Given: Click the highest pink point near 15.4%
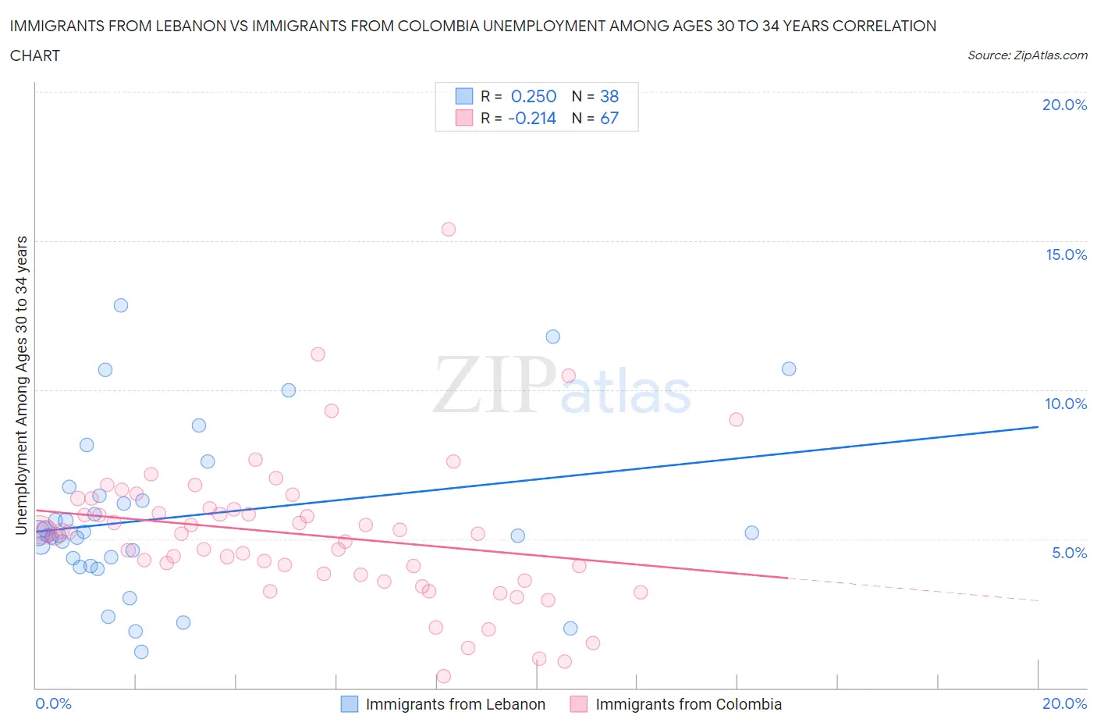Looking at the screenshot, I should (x=448, y=230).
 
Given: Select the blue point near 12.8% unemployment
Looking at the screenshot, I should (x=121, y=305).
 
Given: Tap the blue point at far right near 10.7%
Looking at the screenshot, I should (x=789, y=368).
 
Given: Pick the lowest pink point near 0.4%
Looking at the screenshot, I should (x=443, y=676).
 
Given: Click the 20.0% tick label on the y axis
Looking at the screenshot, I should (x=1064, y=105).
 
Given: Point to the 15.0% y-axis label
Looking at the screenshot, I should (x=1066, y=255).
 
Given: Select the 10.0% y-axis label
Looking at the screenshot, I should (x=1066, y=404).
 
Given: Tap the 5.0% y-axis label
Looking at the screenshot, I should (x=1069, y=553).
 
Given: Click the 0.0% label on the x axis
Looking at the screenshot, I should (x=54, y=703).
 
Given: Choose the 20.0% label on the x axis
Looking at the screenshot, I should (x=1064, y=703).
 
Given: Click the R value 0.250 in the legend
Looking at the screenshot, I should (x=534, y=96).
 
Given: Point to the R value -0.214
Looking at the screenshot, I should (x=532, y=118).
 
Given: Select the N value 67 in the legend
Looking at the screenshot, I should (x=609, y=118).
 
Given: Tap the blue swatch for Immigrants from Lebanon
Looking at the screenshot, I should (x=350, y=704).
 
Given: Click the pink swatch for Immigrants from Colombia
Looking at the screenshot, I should (x=578, y=704).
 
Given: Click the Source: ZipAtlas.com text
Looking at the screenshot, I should (x=1027, y=55).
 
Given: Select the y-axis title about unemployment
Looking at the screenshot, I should (x=22, y=386).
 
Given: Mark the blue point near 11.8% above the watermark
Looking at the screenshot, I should (x=552, y=336).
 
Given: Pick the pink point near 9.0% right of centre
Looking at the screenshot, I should (x=736, y=419).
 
